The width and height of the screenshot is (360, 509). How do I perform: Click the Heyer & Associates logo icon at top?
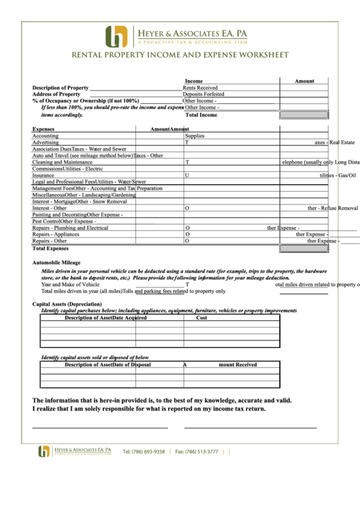coord(116,36)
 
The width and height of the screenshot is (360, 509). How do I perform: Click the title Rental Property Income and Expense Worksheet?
coord(180,55)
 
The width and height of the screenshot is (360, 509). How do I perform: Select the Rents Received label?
coord(200,88)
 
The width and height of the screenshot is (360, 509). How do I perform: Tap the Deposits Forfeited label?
coord(203,94)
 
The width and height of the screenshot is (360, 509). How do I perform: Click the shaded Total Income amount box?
coord(304,115)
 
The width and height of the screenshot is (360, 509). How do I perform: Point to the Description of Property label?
coord(60,88)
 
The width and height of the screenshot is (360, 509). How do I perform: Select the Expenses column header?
coord(43,128)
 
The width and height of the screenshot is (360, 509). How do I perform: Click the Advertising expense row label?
coord(45,143)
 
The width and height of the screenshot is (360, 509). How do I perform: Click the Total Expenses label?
coord(50,249)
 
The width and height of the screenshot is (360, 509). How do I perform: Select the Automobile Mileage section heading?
coord(56,262)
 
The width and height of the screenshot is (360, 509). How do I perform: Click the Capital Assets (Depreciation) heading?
coord(67,304)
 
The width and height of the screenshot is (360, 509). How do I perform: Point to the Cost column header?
coord(202,317)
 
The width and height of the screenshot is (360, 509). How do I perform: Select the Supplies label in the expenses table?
coord(194,136)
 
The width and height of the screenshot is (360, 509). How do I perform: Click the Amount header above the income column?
coord(304,81)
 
